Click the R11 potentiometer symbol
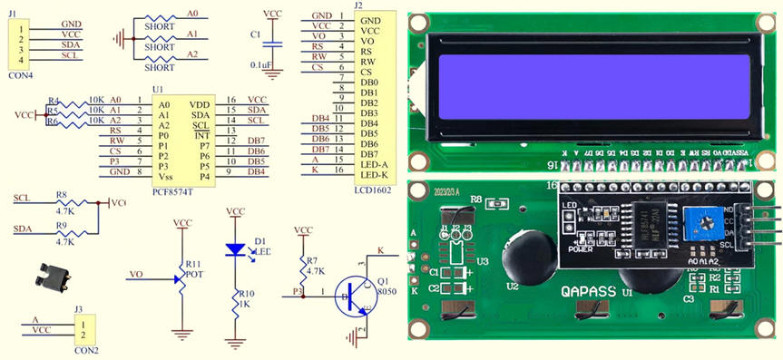click(181, 273)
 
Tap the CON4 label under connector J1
click(20, 75)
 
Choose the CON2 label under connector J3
click(87, 349)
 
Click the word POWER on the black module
click(580, 248)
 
